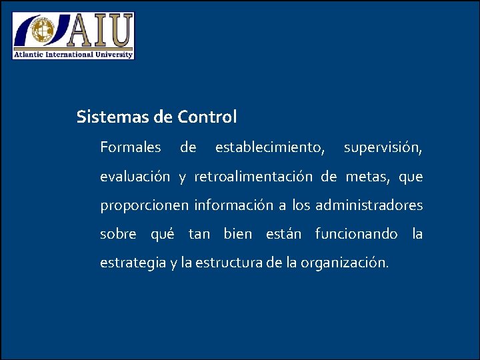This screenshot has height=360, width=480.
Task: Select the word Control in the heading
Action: pyautogui.click(x=207, y=117)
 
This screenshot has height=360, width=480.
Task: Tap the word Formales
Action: pyautogui.click(x=131, y=147)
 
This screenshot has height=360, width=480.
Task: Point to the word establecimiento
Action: pyautogui.click(x=270, y=147)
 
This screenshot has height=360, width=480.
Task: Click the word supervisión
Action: pyautogui.click(x=383, y=147)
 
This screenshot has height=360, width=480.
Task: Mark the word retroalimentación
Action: pyautogui.click(x=253, y=177)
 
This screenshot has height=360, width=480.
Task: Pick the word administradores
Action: pyautogui.click(x=369, y=205)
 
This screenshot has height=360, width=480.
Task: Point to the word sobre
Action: pyautogui.click(x=118, y=234)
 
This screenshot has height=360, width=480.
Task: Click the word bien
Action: pyautogui.click(x=238, y=234)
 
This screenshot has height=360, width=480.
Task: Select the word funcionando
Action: pyautogui.click(x=356, y=234)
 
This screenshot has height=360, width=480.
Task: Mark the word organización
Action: pyautogui.click(x=344, y=263)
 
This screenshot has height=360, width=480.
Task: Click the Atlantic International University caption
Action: pyautogui.click(x=74, y=54)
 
